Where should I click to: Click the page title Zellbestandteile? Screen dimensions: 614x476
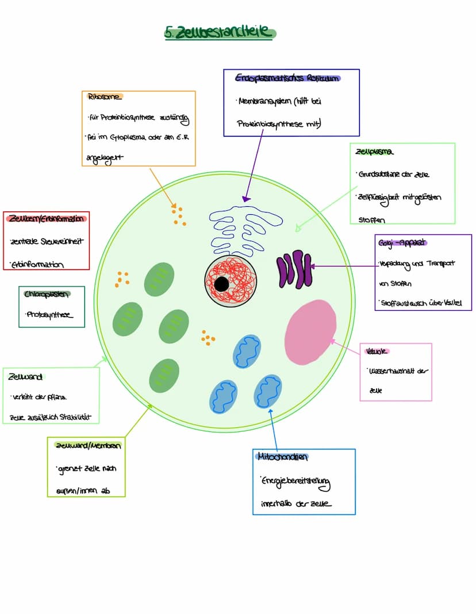pyautogui.click(x=220, y=33)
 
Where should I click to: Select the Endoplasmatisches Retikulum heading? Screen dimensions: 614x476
pyautogui.click(x=287, y=78)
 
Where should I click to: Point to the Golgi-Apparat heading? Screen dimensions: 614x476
pyautogui.click(x=402, y=242)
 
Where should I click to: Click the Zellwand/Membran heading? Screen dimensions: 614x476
pyautogui.click(x=87, y=445)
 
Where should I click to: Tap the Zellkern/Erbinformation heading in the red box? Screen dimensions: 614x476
pyautogui.click(x=46, y=218)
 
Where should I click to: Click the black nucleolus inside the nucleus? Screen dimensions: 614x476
pyautogui.click(x=221, y=284)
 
